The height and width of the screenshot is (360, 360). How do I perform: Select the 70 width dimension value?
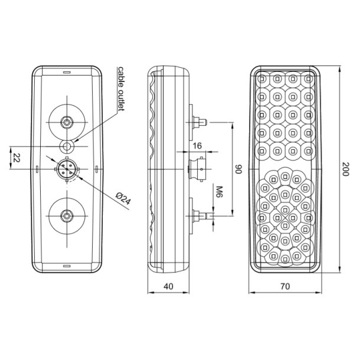(285, 286)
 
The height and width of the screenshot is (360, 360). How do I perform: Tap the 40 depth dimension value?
(169, 286)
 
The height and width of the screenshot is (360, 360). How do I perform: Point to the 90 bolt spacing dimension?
(240, 169)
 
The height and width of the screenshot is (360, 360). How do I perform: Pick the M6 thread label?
(218, 192)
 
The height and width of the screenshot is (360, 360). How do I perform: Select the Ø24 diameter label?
(123, 199)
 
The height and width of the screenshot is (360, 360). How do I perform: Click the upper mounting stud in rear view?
(68, 122)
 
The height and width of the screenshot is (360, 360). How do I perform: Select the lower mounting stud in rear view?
(68, 215)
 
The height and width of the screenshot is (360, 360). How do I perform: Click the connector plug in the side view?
(197, 169)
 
